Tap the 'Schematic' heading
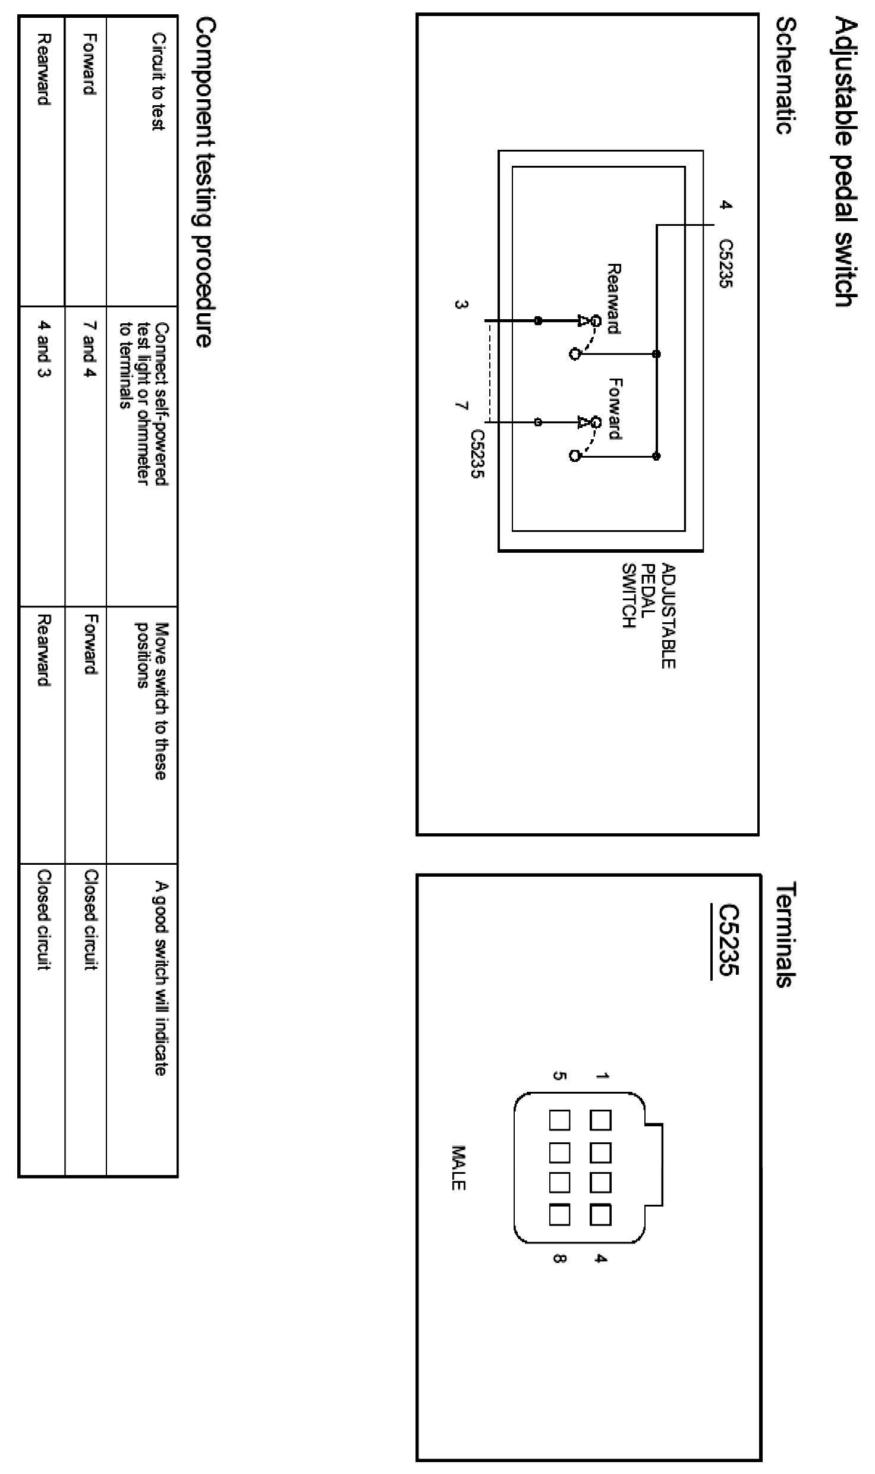pyautogui.click(x=786, y=75)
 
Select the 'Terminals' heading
pyautogui.click(x=786, y=935)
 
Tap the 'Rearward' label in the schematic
pyautogui.click(x=614, y=299)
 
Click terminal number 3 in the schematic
pyautogui.click(x=460, y=305)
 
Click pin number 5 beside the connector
pyautogui.click(x=559, y=1075)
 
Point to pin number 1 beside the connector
pyautogui.click(x=602, y=1075)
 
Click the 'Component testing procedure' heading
pyautogui.click(x=203, y=182)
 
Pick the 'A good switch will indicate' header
pyautogui.click(x=160, y=978)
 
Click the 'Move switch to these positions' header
pyautogui.click(x=151, y=700)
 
